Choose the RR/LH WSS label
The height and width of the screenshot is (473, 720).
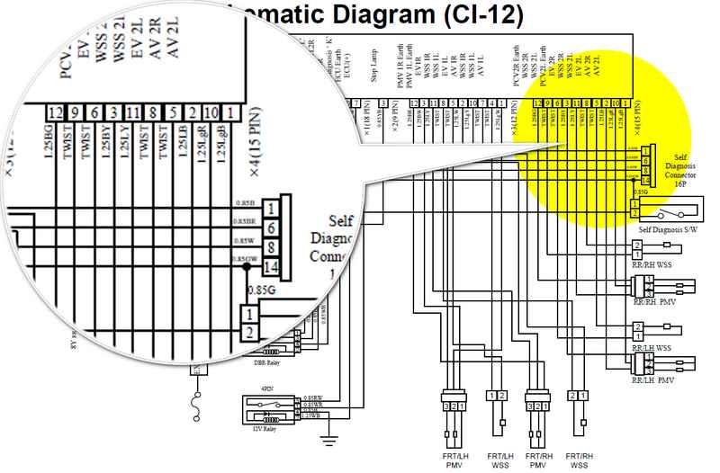pyautogui.click(x=652, y=346)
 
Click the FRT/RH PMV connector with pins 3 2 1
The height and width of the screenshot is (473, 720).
pyautogui.click(x=538, y=406)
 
